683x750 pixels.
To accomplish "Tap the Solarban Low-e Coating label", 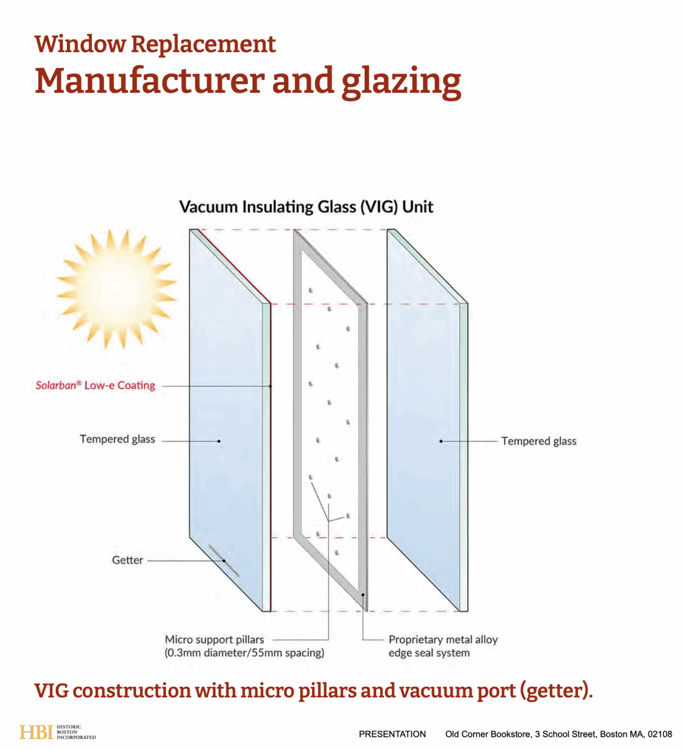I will (95, 385).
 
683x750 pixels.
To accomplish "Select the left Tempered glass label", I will (118, 439).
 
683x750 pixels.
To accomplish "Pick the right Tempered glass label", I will (538, 441).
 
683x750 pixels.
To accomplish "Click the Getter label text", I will (128, 560).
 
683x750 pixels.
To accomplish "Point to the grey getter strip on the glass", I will (223, 561).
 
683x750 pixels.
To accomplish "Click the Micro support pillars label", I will (214, 639).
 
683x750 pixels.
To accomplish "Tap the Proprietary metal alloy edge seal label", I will (442, 646).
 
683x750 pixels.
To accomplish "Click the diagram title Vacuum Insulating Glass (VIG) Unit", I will (306, 207).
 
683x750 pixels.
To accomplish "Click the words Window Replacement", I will (155, 44).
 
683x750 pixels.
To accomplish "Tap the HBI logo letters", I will (36, 732).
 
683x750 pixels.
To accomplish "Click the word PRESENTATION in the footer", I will (392, 734).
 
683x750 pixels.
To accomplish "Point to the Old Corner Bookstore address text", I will (558, 734).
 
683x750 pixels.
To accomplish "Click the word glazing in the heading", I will (401, 82).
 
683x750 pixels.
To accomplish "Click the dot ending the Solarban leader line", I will (270, 386).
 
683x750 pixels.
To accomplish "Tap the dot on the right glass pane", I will (441, 441).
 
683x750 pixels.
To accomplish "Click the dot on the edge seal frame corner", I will (363, 595).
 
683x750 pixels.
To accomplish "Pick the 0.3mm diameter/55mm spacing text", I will (245, 653).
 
